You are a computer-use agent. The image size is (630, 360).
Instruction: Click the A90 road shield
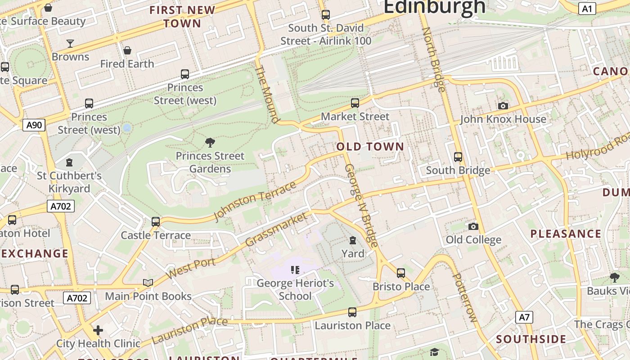(x=34, y=125)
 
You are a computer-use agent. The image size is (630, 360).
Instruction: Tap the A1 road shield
(x=587, y=9)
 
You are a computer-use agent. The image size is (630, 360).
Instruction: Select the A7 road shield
(x=524, y=317)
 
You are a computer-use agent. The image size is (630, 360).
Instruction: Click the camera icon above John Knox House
(x=503, y=106)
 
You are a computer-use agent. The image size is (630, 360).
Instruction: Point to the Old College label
(x=473, y=240)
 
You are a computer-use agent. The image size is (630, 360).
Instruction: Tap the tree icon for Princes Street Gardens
(x=210, y=143)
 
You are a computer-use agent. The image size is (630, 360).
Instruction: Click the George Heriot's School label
(x=295, y=289)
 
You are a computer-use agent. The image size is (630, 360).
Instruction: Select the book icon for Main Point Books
(x=148, y=283)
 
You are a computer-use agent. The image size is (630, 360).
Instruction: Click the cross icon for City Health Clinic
(x=98, y=330)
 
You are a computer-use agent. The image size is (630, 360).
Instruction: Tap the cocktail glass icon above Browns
(x=70, y=44)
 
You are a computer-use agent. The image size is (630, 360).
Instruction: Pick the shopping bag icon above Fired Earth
(x=127, y=50)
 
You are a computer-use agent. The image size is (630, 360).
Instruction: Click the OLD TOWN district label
(x=370, y=147)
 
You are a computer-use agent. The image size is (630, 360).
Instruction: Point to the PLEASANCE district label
(x=566, y=234)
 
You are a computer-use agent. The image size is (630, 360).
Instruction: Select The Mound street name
(x=267, y=94)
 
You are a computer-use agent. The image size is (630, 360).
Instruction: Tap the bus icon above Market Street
(x=355, y=103)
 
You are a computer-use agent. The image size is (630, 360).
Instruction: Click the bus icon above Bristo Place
(x=401, y=273)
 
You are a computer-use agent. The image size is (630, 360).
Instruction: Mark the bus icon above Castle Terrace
(x=156, y=221)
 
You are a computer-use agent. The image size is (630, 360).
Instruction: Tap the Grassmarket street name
(x=276, y=229)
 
